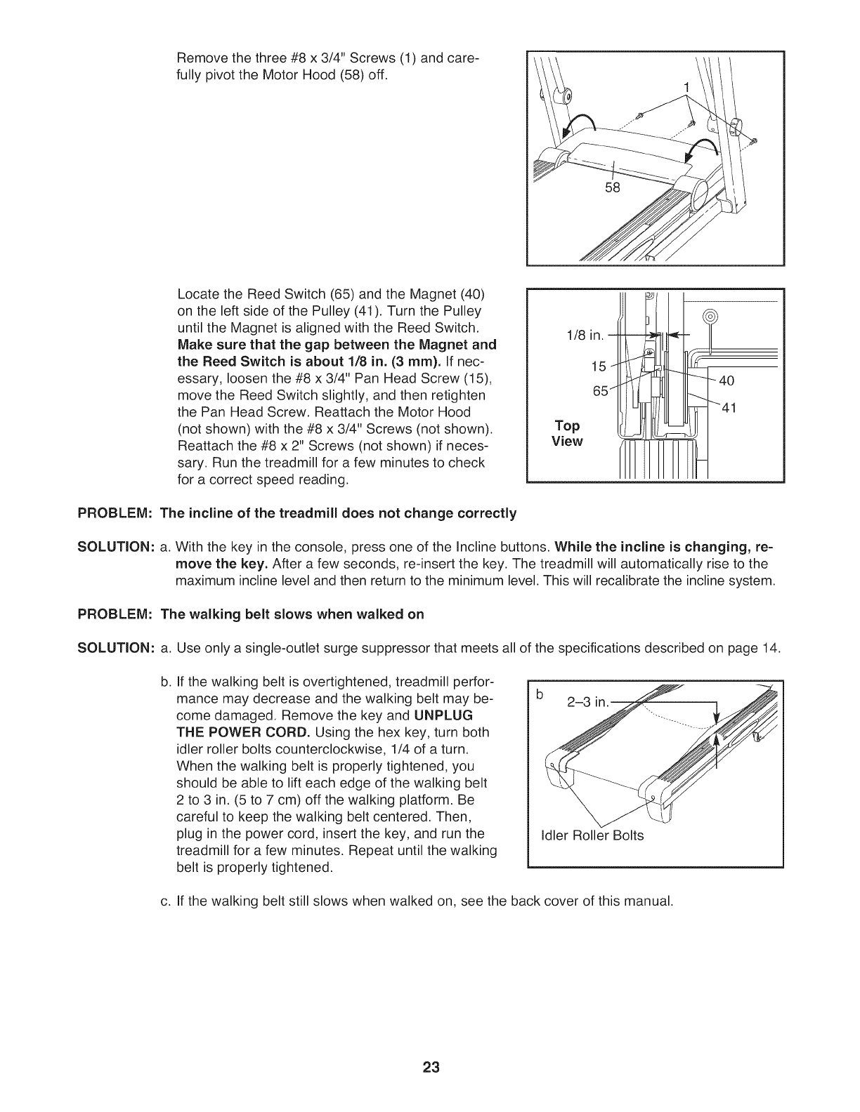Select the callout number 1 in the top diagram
[687, 87]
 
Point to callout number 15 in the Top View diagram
[599, 365]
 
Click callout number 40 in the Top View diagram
[727, 381]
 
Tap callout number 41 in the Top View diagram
[727, 411]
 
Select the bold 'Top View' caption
[567, 434]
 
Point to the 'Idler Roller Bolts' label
[592, 835]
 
